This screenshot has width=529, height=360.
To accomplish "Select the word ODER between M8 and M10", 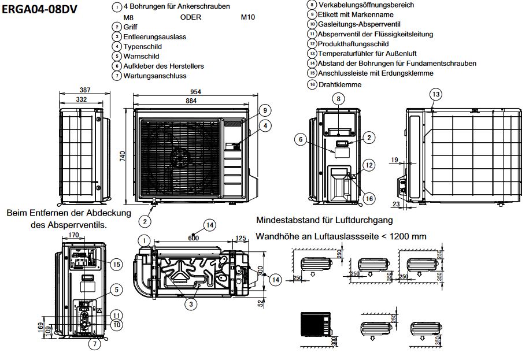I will click(191, 17).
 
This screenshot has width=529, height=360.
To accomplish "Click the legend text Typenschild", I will click(143, 47).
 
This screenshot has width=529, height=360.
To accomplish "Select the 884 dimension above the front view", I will click(191, 101).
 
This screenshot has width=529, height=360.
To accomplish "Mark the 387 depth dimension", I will click(85, 90).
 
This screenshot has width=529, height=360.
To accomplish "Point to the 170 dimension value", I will click(73, 235).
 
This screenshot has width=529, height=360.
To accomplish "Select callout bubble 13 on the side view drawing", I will click(435, 94).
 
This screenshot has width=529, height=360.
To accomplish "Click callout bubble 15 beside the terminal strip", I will click(117, 265).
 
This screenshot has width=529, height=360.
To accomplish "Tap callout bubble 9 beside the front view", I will click(264, 110).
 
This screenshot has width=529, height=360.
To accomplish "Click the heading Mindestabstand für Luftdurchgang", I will click(324, 220).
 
